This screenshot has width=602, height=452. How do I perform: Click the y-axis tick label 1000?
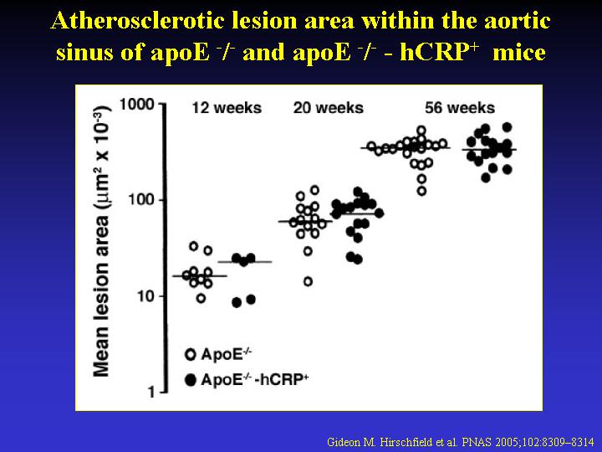(137, 104)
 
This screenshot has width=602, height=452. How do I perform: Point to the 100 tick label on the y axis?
(141, 200)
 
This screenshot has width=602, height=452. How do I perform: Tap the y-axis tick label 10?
(145, 296)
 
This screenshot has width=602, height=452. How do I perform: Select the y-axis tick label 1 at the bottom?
(151, 393)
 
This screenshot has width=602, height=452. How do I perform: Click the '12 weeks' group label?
(227, 108)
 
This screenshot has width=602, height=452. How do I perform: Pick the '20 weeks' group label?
(329, 108)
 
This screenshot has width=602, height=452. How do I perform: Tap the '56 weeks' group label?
(460, 108)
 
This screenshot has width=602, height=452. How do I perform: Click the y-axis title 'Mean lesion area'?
(100, 296)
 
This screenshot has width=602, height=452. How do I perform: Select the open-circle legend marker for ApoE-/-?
(191, 354)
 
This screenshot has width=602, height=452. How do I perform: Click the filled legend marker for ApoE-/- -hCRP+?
(191, 380)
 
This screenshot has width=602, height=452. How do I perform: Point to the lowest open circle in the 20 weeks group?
(308, 282)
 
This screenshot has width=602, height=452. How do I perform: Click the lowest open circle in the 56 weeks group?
(421, 191)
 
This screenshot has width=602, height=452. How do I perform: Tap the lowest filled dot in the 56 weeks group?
(486, 177)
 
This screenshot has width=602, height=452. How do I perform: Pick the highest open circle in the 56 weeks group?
(421, 131)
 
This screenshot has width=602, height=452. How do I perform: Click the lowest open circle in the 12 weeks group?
(201, 298)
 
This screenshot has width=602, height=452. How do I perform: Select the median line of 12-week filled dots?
(244, 262)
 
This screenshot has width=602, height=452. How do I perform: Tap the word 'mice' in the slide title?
(519, 52)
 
